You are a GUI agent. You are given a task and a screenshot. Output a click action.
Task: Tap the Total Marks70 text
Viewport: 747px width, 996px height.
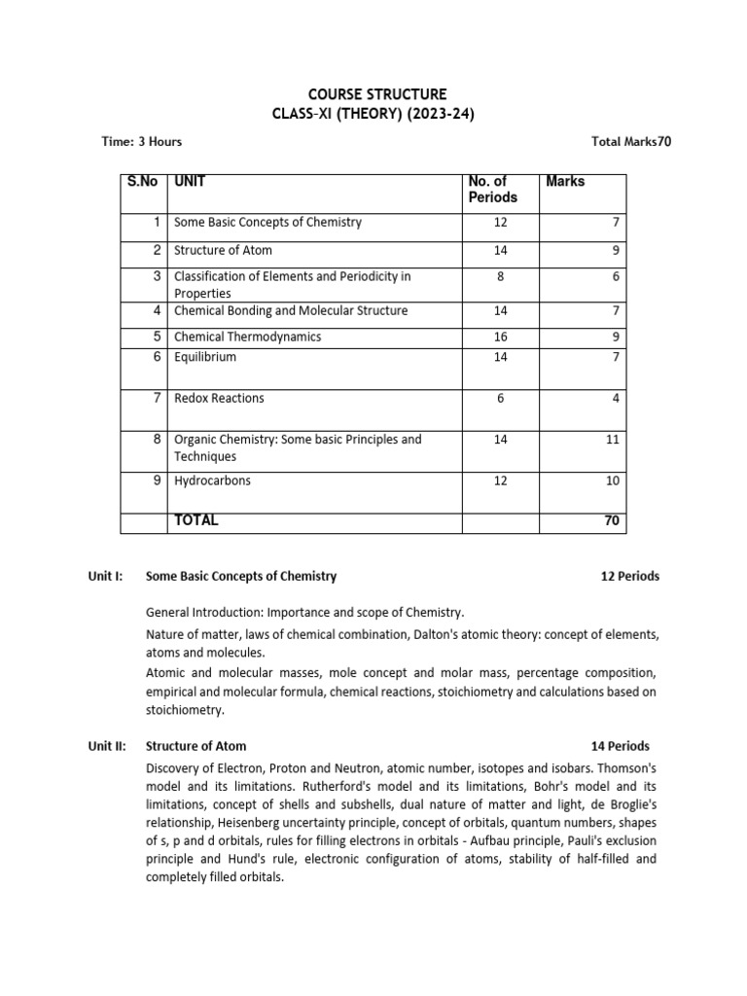click(631, 142)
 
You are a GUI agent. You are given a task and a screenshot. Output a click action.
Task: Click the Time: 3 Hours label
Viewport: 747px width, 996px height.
click(142, 142)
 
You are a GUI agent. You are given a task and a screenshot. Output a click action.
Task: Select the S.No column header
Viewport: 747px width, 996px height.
click(142, 181)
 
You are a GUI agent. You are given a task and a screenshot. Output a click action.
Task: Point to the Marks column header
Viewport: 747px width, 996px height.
click(565, 181)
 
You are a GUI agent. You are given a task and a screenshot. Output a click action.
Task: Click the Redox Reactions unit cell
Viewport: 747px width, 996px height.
click(219, 398)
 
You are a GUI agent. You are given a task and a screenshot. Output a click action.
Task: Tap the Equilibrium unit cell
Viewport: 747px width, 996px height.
click(205, 357)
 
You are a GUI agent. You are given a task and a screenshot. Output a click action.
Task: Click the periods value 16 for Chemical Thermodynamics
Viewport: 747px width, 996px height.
click(500, 337)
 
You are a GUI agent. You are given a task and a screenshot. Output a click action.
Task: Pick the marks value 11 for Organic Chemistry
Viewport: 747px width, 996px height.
click(612, 440)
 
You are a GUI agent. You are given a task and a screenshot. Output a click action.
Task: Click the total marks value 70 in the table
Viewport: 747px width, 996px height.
click(612, 521)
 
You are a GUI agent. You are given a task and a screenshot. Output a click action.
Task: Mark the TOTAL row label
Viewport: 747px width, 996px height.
click(196, 520)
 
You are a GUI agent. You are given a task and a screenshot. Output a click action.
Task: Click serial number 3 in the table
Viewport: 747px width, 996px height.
click(157, 276)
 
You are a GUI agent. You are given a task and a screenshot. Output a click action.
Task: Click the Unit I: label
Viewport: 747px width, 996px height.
click(105, 576)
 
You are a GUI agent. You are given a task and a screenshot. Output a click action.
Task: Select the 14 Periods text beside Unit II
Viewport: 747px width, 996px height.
click(621, 746)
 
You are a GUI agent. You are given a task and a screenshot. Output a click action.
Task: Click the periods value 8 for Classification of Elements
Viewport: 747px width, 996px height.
click(500, 276)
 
